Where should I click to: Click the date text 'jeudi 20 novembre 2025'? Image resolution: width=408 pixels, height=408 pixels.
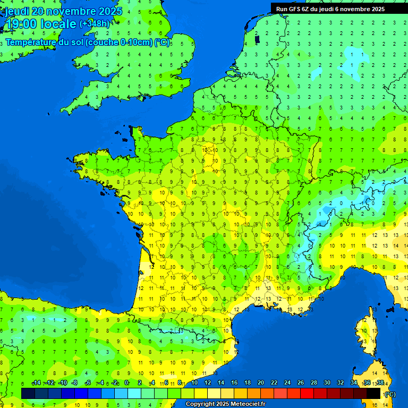(x=63, y=11)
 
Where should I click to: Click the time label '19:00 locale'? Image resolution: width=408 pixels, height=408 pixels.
(x=41, y=24)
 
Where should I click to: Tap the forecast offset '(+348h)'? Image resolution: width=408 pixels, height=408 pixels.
(x=95, y=23)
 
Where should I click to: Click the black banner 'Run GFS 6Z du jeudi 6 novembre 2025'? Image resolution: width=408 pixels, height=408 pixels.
(x=334, y=9)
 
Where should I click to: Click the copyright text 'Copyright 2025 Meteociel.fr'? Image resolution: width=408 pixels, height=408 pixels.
(x=225, y=404)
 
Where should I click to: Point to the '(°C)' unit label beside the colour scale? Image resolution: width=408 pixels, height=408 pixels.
(x=389, y=394)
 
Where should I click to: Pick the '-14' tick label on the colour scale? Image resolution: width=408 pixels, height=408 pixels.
(x=36, y=382)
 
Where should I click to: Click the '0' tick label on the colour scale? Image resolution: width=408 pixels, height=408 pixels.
(x=126, y=382)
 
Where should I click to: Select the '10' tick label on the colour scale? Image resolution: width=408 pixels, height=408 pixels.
(x=194, y=382)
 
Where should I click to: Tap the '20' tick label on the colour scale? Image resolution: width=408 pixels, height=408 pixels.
(x=260, y=382)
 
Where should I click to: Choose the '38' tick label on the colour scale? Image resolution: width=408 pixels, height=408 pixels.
(x=380, y=382)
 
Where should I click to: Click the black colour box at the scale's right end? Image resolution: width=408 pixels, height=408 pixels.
(x=373, y=393)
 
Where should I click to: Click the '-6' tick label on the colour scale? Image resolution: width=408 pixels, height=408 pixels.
(x=88, y=382)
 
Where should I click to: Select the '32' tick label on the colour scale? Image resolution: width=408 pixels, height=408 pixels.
(x=340, y=382)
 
